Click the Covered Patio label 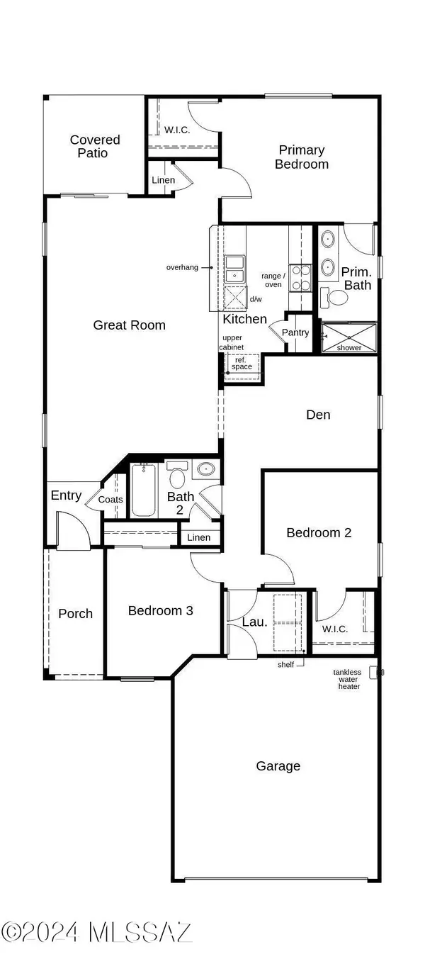(x=94, y=146)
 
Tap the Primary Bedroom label (x=302, y=157)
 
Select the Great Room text (x=130, y=325)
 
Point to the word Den (x=318, y=415)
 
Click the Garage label (x=278, y=766)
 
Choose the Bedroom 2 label (x=319, y=532)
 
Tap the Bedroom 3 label (x=160, y=610)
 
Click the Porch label (x=75, y=614)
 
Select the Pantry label (x=295, y=332)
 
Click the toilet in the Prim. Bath (x=334, y=297)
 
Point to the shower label (x=349, y=347)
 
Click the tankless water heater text (x=348, y=679)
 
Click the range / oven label (x=273, y=279)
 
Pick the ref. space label (x=242, y=362)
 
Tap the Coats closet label (x=110, y=500)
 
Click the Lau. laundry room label (x=254, y=622)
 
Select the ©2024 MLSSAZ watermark (x=96, y=931)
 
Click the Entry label (x=66, y=495)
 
